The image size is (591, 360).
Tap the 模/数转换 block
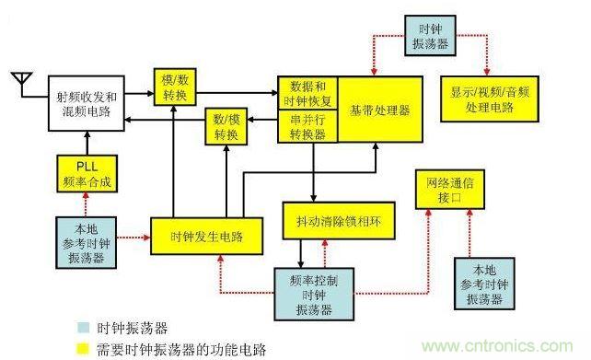click(x=175, y=86)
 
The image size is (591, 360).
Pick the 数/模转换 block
click(x=226, y=127)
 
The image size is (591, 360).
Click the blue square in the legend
click(x=83, y=328)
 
